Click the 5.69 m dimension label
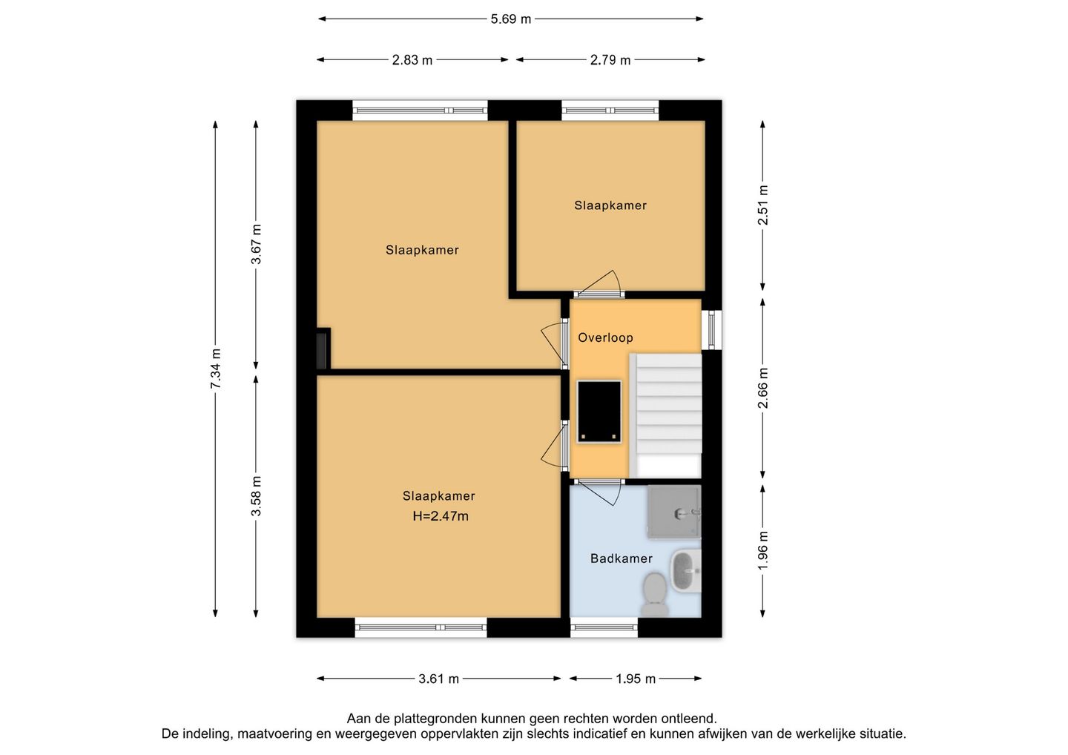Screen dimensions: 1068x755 pyautogui.click(x=510, y=19)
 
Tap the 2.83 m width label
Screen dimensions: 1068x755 pyautogui.click(x=412, y=60)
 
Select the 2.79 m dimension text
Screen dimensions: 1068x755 pyautogui.click(x=610, y=60)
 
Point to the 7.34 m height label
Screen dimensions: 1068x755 pyautogui.click(x=216, y=369)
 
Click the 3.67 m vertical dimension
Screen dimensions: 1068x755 pyautogui.click(x=257, y=244)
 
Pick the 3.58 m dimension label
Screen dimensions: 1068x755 pyautogui.click(x=257, y=495)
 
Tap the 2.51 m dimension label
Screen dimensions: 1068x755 pyautogui.click(x=763, y=205)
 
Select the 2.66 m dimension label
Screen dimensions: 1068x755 pyautogui.click(x=763, y=389)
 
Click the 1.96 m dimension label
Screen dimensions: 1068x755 pyautogui.click(x=763, y=550)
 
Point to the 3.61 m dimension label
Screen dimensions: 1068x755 pyautogui.click(x=438, y=679)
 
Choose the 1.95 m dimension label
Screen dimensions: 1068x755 pyautogui.click(x=636, y=679)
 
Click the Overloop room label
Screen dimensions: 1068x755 pyautogui.click(x=605, y=338)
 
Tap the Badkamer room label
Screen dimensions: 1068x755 pyautogui.click(x=622, y=558)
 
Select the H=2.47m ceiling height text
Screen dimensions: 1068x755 pyautogui.click(x=441, y=516)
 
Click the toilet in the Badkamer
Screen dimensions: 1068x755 pyautogui.click(x=655, y=595)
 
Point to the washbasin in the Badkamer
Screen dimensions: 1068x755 pyautogui.click(x=686, y=571)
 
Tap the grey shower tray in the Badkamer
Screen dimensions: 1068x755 pyautogui.click(x=674, y=512)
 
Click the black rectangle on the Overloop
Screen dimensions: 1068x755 pyautogui.click(x=599, y=412)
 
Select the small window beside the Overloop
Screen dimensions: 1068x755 pyautogui.click(x=712, y=330)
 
